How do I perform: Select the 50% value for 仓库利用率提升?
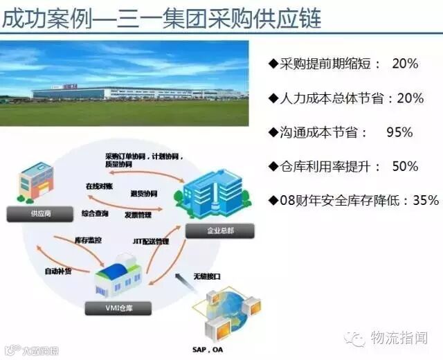(x=405, y=166)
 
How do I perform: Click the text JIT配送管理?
(x=150, y=242)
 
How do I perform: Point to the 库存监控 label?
(x=88, y=240)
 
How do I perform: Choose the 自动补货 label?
(x=58, y=270)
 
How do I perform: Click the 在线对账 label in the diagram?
(x=98, y=186)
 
